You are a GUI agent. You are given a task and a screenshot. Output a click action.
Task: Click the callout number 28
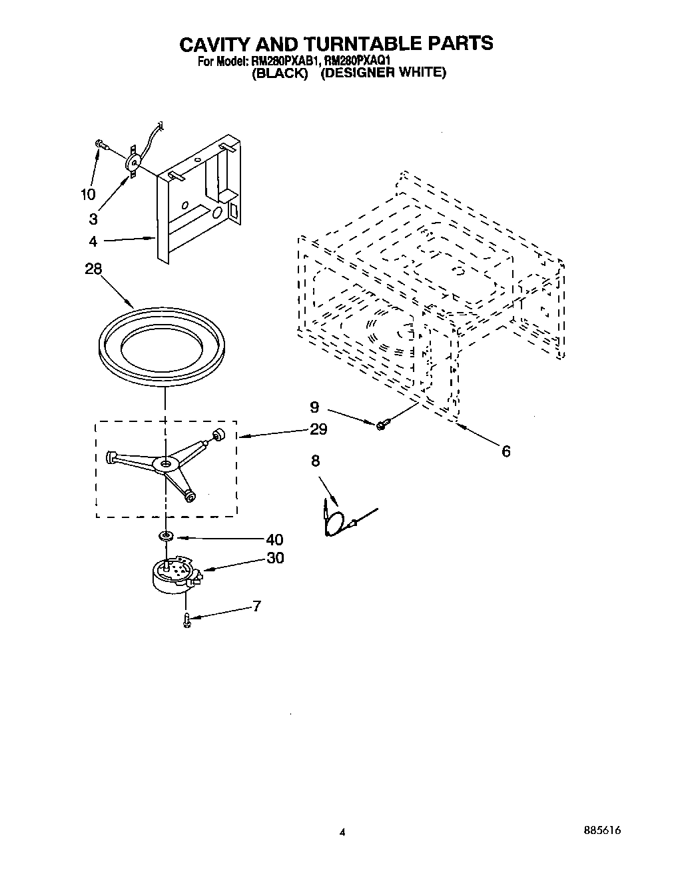[94, 269]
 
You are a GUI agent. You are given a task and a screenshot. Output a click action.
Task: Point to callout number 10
[88, 194]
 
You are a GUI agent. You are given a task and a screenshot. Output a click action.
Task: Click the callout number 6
[506, 452]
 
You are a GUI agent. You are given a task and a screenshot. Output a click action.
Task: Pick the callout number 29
[318, 429]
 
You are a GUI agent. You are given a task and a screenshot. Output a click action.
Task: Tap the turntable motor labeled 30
[173, 573]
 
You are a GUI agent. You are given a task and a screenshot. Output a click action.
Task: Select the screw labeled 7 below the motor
[187, 621]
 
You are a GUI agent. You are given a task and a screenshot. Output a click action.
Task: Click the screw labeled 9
[382, 423]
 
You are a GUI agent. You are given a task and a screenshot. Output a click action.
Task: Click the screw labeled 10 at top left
[101, 144]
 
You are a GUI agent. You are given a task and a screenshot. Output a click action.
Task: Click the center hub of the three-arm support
[164, 463]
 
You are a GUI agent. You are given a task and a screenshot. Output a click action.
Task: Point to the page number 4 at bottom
[342, 832]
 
